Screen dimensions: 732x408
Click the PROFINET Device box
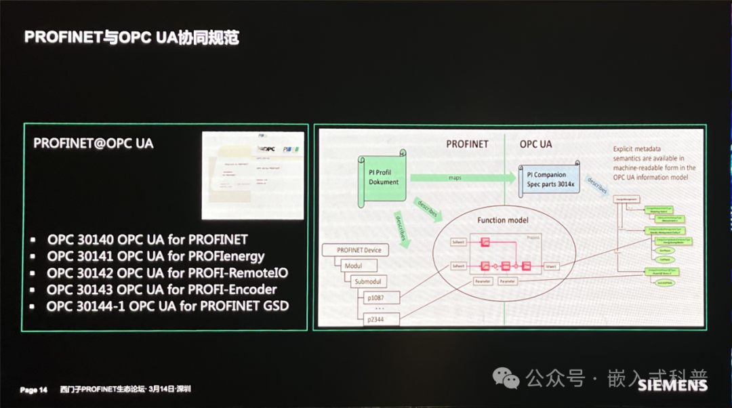[x=359, y=250]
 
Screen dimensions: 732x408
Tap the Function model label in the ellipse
[x=503, y=220]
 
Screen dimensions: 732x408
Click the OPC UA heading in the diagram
[x=536, y=144]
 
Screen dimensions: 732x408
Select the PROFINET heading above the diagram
[x=467, y=144]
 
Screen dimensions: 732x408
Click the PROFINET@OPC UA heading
[x=94, y=144]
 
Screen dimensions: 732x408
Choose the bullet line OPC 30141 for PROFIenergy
[x=156, y=256]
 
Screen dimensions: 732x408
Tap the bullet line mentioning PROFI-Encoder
[x=162, y=289]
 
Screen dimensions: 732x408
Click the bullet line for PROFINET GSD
[x=167, y=306]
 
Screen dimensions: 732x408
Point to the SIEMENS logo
[x=672, y=386]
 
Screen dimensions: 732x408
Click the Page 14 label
[x=33, y=390]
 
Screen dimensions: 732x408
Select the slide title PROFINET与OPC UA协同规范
[x=132, y=37]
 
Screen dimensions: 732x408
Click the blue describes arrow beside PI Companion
[x=597, y=184]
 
